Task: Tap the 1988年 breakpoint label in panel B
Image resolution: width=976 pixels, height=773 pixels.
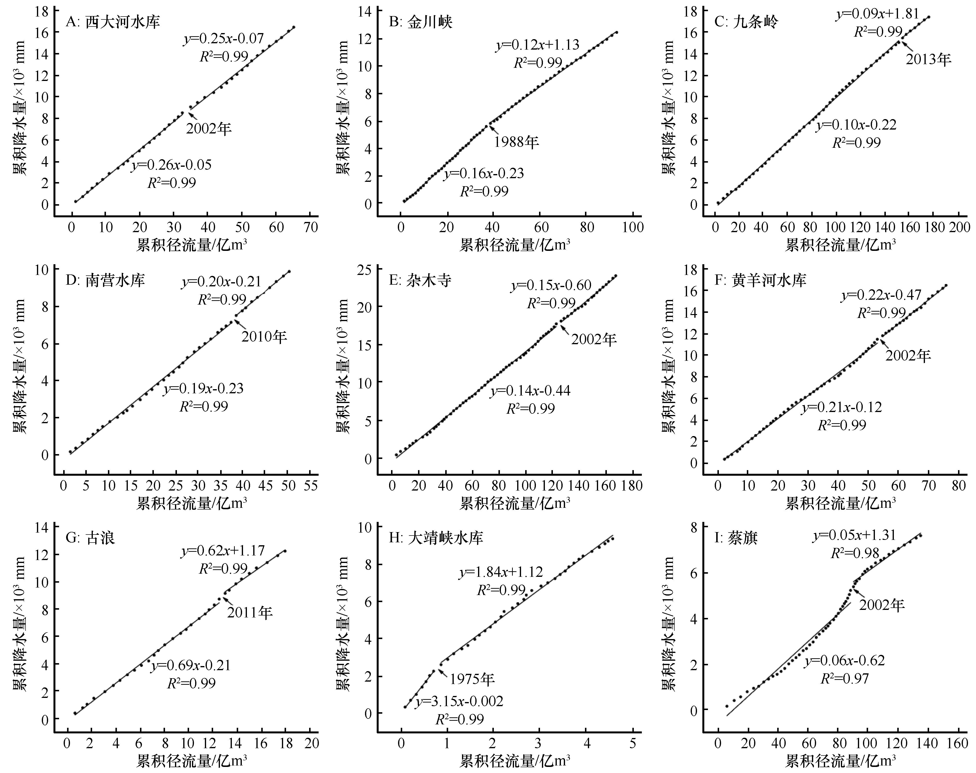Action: coord(516,142)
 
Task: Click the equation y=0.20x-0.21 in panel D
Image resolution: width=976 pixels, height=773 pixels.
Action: coord(222,281)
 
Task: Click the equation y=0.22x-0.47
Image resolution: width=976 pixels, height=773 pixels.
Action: coord(881,295)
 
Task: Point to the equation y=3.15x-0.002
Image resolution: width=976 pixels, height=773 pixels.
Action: coord(459,701)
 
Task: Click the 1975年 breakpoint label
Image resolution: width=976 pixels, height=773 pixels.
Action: coord(472,678)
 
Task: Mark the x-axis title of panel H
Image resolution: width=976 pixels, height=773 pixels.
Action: coord(514,761)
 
